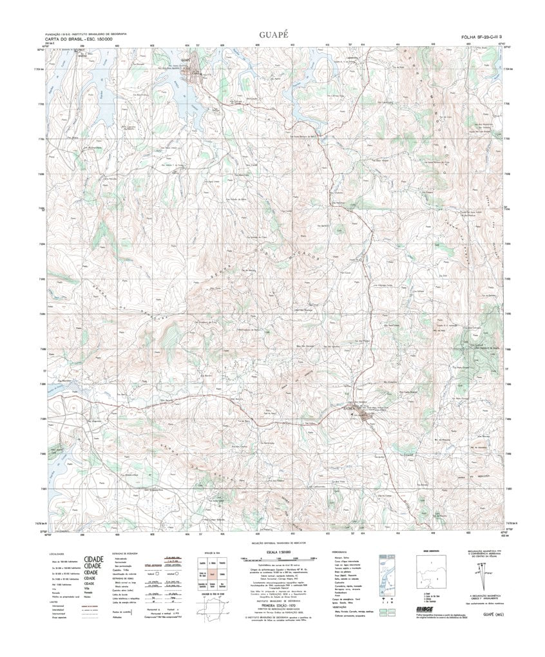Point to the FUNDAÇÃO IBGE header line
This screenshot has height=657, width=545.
[84, 34]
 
